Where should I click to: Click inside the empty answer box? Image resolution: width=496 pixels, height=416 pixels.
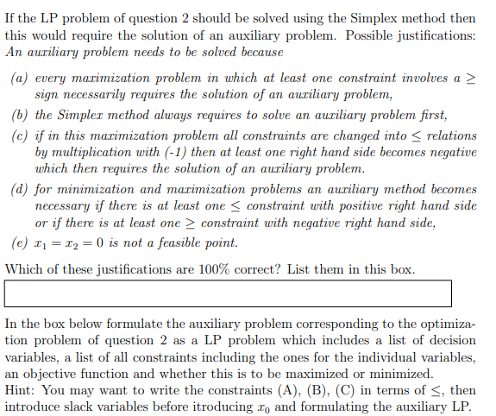coord(228,293)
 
